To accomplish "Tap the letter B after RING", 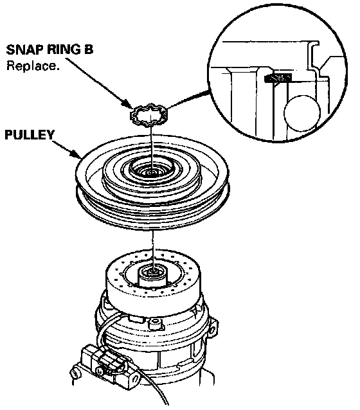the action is [x=89, y=49].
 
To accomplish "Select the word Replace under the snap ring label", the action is [x=32, y=66].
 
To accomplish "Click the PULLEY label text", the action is [x=30, y=135].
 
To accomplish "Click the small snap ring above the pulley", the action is [x=148, y=115].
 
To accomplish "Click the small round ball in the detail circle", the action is [x=302, y=113].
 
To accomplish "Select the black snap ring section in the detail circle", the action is [x=278, y=78].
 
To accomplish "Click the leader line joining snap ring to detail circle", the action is [x=188, y=99].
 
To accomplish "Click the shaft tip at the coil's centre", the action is [x=152, y=272].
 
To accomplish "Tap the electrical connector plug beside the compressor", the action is [x=105, y=359].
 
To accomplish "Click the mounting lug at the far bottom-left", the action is [x=75, y=374].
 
